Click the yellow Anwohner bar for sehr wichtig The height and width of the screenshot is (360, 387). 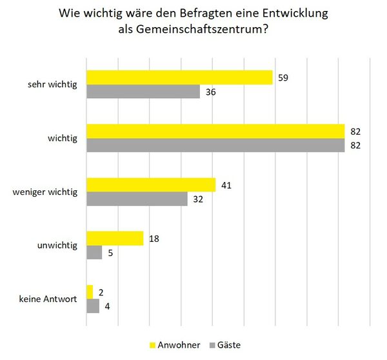click(179, 77)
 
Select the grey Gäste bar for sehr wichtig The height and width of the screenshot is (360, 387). click(143, 92)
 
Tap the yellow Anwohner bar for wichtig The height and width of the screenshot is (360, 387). click(215, 131)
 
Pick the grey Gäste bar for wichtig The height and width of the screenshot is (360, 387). click(215, 146)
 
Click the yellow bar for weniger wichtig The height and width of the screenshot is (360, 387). click(150, 185)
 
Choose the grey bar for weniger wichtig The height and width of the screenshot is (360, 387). click(137, 199)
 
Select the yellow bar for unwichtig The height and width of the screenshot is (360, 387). click(115, 238)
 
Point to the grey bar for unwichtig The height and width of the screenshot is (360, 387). click(94, 253)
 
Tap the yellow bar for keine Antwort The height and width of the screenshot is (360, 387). click(90, 292)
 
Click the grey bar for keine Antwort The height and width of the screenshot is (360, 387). click(93, 306)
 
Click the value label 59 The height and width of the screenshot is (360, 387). click(282, 77)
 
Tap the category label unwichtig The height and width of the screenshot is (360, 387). click(59, 246)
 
